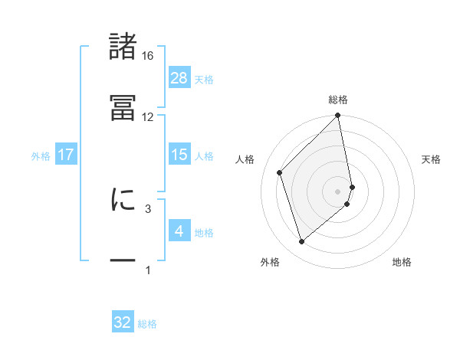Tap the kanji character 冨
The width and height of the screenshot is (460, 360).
tap(123, 107)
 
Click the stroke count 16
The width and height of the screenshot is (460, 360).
tap(148, 56)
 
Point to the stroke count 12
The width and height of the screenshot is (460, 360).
tap(148, 117)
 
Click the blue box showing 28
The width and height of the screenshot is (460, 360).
tap(179, 77)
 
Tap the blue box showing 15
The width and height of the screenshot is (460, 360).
tap(179, 155)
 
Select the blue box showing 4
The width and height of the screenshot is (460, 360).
tap(179, 231)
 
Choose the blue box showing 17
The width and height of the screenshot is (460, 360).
tap(66, 155)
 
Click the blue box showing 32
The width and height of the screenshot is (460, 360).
tap(123, 322)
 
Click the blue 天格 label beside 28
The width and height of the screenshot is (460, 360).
tap(204, 79)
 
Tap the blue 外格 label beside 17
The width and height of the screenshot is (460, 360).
tap(41, 156)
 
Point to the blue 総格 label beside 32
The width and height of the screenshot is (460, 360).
tap(147, 324)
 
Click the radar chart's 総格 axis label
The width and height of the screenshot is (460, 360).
tap(338, 100)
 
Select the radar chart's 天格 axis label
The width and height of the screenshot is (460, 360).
tap(432, 159)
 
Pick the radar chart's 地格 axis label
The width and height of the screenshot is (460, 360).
tap(402, 262)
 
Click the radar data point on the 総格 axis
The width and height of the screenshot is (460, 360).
tap(338, 116)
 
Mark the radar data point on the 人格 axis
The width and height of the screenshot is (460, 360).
tap(280, 172)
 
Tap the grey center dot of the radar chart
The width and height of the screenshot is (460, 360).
tap(338, 191)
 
